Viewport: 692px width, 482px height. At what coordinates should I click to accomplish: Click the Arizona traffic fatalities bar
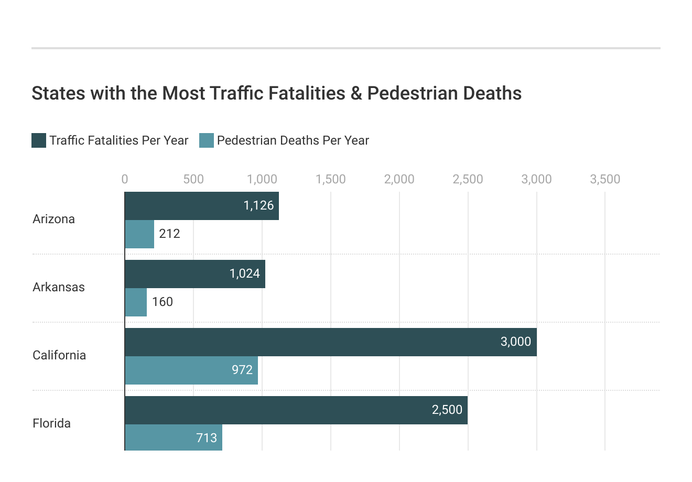coord(202,206)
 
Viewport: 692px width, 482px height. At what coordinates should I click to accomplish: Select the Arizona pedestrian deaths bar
coord(139,234)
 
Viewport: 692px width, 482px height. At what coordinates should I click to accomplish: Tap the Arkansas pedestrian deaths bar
coord(136,302)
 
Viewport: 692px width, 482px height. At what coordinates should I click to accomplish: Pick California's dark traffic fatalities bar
coord(330,342)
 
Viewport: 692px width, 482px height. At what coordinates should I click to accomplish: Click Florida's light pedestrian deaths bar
coord(174,437)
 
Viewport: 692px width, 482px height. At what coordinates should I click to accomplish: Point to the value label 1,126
coord(258,205)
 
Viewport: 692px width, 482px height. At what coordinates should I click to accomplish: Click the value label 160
coord(163,302)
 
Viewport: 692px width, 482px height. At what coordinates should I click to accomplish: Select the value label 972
coord(242,370)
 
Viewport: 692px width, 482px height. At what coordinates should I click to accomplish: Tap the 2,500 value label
coord(447,410)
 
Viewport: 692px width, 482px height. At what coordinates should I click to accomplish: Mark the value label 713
coord(207,437)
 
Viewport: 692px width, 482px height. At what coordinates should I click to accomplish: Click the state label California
coord(59,355)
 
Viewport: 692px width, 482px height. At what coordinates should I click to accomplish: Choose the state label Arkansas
coord(59,287)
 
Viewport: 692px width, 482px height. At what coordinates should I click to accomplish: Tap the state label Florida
coord(51,423)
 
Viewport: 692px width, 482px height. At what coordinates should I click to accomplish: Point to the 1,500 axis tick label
coord(330,179)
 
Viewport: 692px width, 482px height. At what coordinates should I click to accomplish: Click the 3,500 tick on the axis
coord(604,179)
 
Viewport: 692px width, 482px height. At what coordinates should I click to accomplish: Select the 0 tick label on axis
coord(125,179)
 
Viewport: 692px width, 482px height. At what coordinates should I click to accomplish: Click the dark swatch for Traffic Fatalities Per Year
coord(39,140)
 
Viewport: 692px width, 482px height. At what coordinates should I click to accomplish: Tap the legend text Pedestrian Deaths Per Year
coord(293,140)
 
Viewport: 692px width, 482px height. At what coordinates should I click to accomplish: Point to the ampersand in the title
coord(356,93)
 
